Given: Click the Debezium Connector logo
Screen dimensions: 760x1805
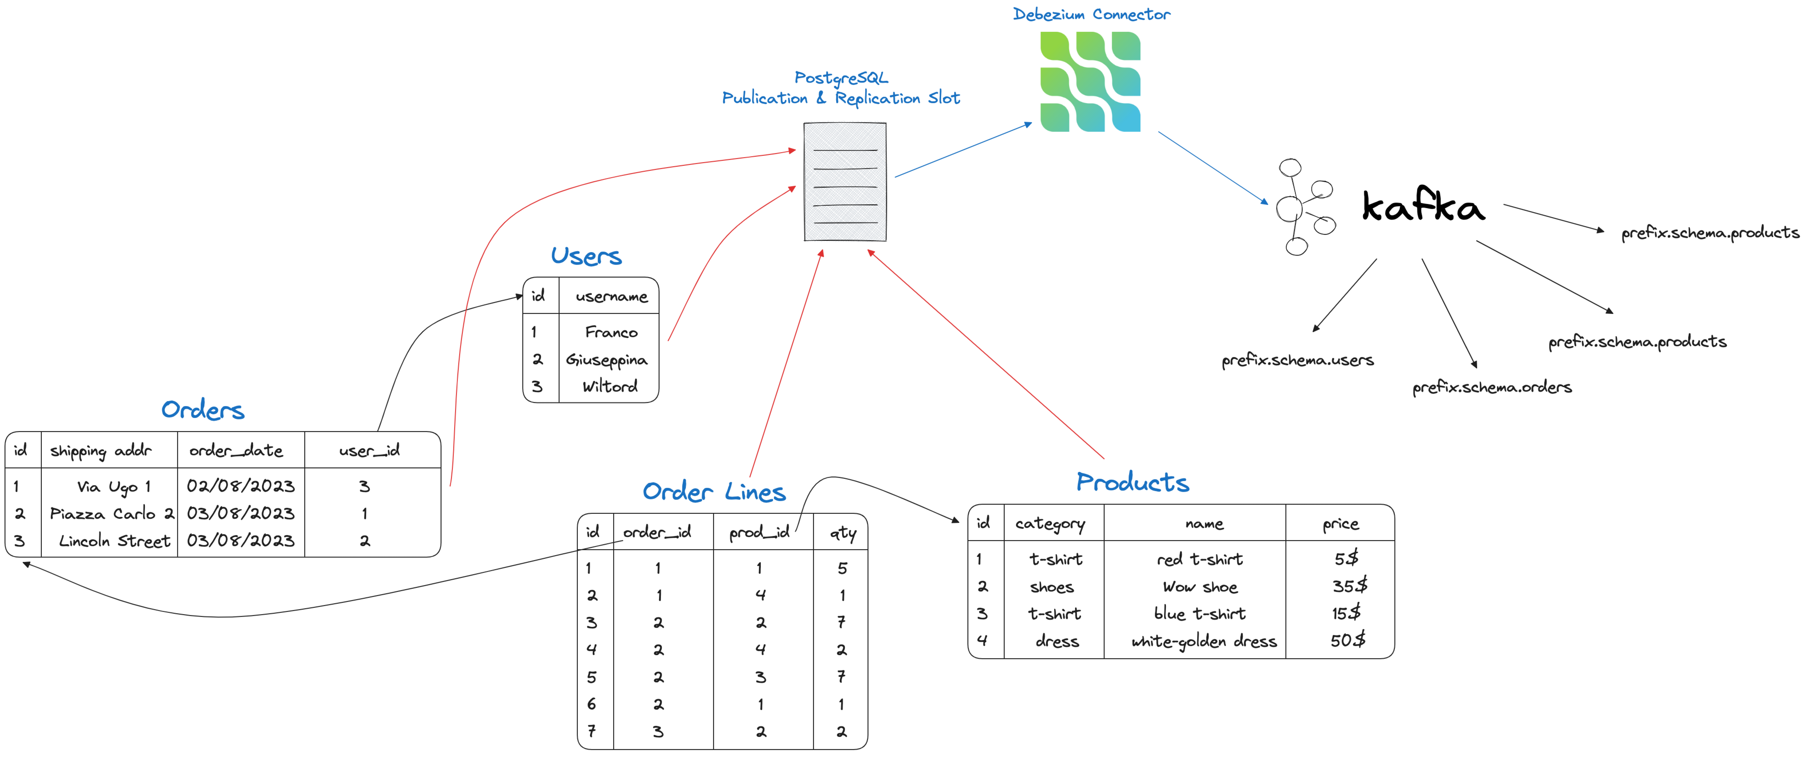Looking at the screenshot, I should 1090,81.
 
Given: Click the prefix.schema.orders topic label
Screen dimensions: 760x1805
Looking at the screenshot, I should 1492,387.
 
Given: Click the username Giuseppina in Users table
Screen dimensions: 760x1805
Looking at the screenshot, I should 607,360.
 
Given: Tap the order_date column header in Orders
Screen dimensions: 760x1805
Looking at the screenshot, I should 236,451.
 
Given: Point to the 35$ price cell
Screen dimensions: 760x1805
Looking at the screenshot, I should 1349,586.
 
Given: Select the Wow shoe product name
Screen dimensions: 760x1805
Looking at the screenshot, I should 1200,587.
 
